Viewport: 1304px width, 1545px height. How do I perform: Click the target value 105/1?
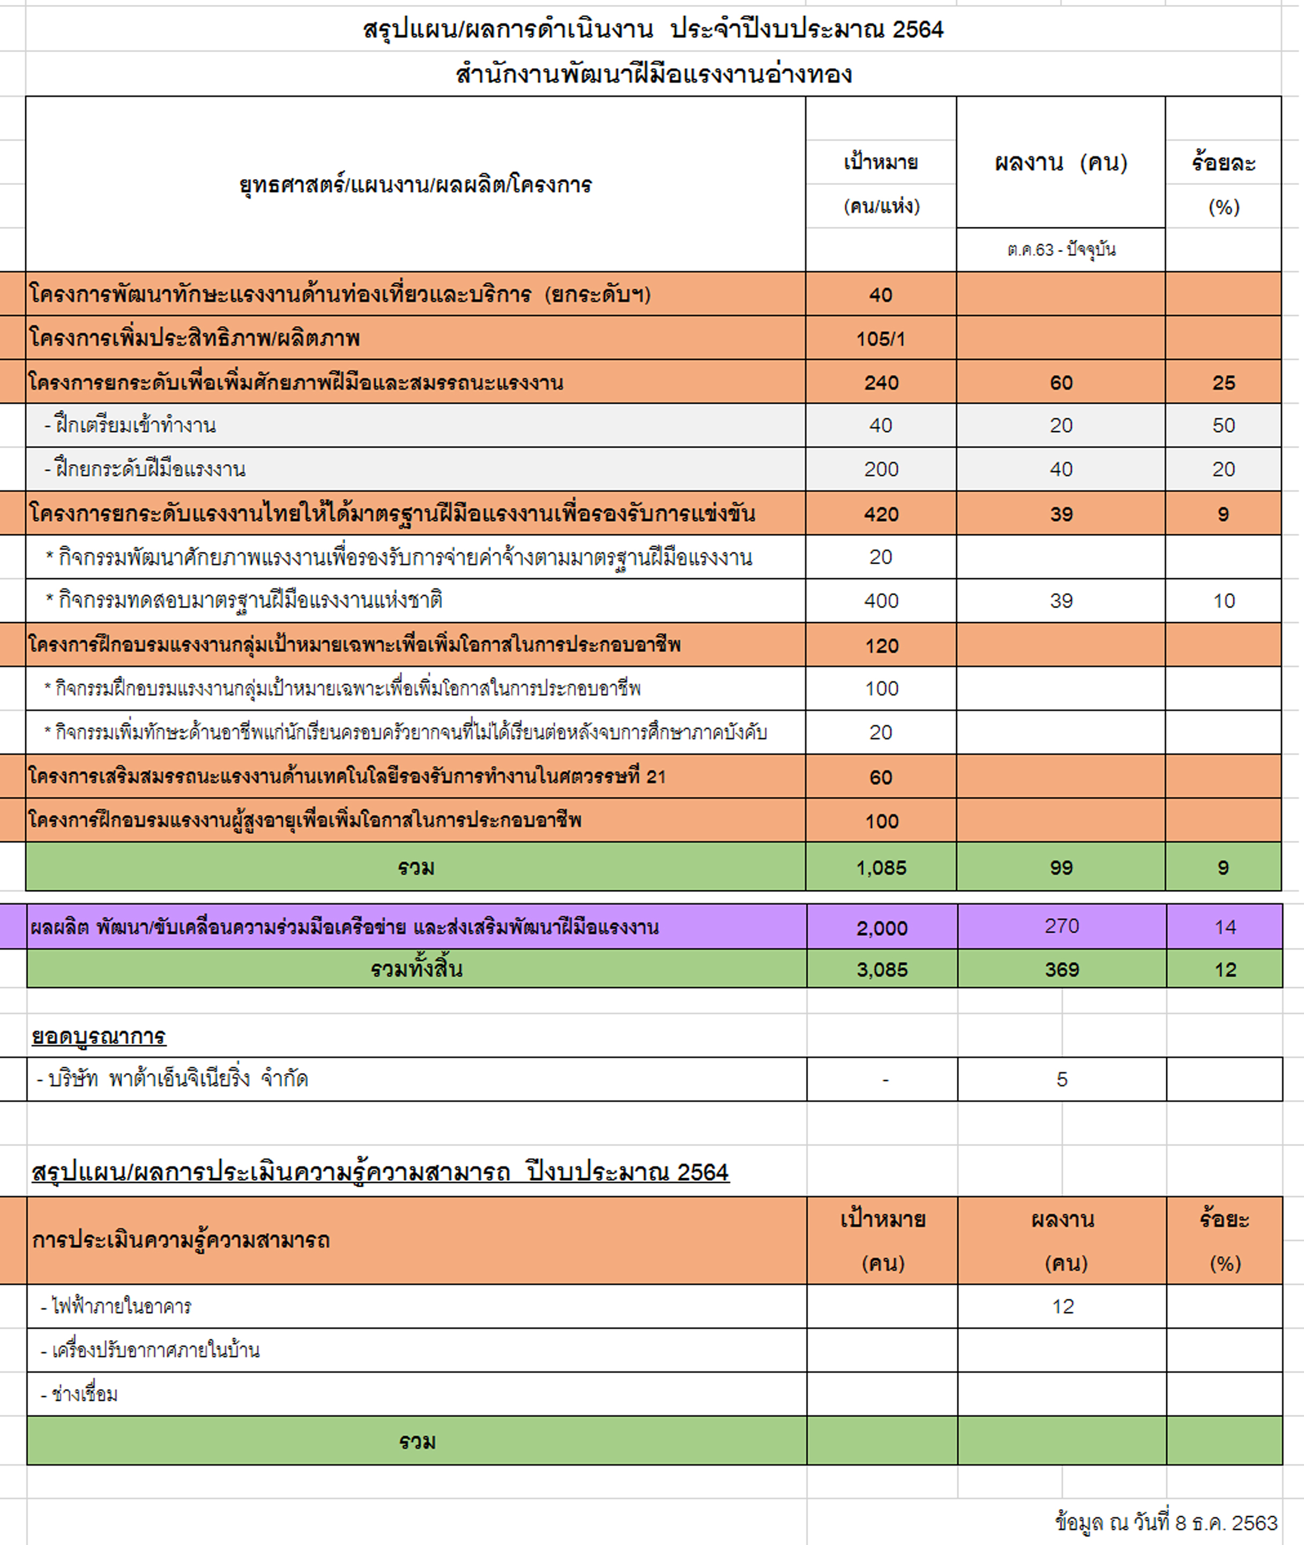point(881,339)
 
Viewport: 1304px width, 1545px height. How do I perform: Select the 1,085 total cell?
point(881,868)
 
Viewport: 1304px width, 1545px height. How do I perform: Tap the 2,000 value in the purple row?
point(882,927)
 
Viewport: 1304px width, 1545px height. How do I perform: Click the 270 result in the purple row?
point(1062,926)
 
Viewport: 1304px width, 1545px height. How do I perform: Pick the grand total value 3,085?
point(882,970)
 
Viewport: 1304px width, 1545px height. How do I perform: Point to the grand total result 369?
point(1062,970)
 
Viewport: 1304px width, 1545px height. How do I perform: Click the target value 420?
point(881,514)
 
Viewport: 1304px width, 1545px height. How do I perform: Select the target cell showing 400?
point(881,601)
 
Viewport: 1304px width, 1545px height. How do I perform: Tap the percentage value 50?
point(1224,425)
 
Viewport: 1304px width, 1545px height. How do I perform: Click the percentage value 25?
point(1224,382)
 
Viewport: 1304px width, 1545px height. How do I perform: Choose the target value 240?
point(881,382)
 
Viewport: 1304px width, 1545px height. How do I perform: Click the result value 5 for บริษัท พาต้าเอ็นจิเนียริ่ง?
point(1062,1079)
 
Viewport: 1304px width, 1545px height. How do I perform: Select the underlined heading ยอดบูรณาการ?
point(98,1036)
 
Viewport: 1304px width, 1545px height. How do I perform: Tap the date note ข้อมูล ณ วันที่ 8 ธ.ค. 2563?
point(1166,1523)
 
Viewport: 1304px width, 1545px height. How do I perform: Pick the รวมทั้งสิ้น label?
point(416,969)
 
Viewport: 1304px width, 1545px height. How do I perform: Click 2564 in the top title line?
point(918,29)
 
